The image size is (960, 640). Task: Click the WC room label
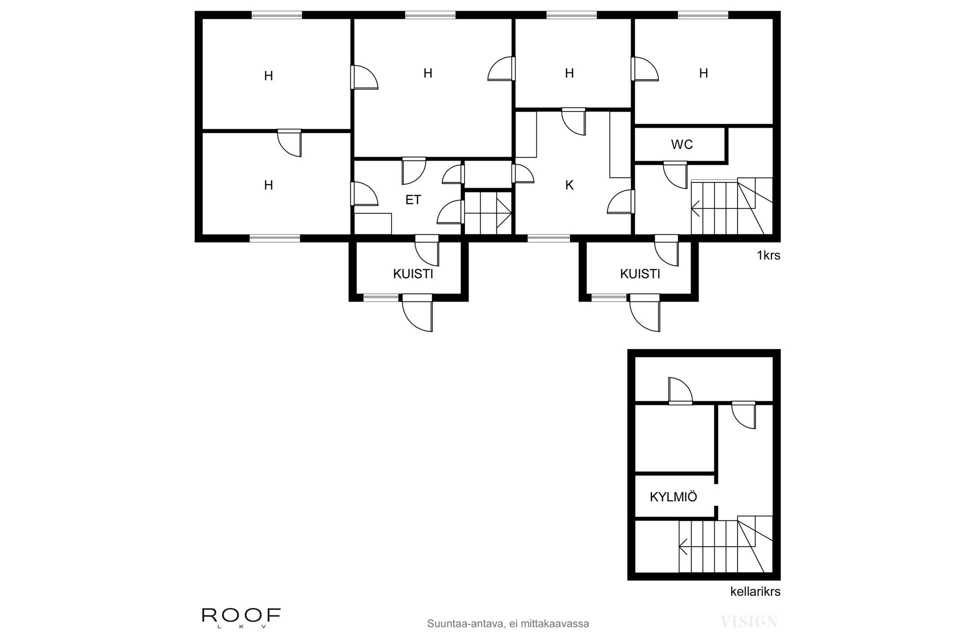681,145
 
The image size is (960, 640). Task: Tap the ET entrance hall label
413,200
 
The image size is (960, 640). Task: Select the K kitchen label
569,185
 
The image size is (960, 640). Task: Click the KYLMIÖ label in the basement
673,497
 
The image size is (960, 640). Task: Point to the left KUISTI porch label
413,274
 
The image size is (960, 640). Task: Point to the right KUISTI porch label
640,274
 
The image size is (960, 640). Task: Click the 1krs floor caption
768,255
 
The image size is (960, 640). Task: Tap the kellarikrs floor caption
755,592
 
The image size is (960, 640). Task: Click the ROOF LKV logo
241,616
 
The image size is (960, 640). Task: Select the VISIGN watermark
748,621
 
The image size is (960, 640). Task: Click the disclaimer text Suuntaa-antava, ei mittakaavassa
508,624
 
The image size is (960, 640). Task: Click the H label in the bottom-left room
268,185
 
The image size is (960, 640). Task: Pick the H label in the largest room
427,73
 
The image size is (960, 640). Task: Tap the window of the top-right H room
702,15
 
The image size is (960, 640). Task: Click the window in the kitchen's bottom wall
548,238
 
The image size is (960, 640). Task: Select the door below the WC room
675,174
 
